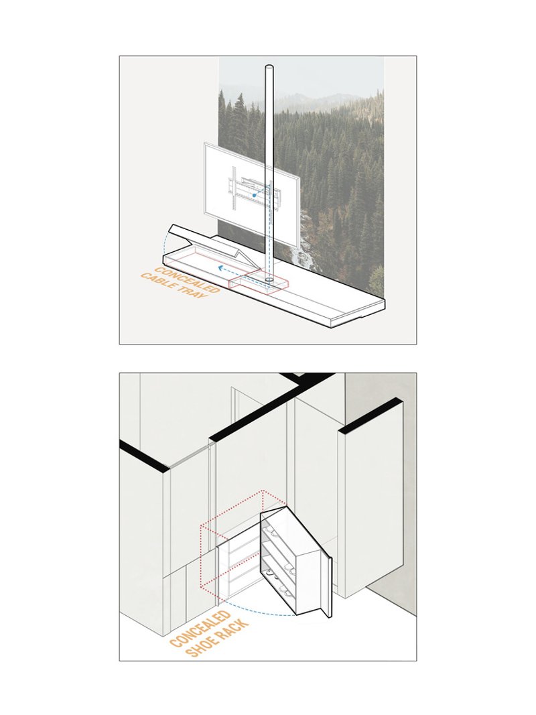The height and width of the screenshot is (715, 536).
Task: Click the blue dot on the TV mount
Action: [x=255, y=194]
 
